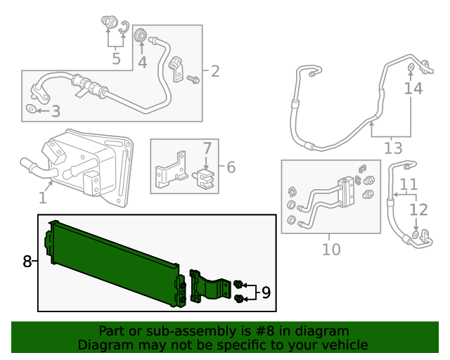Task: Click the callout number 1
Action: [42, 198]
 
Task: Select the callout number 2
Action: [214, 71]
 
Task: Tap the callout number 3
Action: [56, 110]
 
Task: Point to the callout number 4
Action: [142, 63]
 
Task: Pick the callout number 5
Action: [116, 58]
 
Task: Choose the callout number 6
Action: [230, 167]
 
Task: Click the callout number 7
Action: [207, 148]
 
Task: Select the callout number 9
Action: [266, 292]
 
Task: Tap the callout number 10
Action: [330, 249]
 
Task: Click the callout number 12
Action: [418, 210]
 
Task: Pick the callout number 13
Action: [393, 148]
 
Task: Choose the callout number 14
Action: [413, 89]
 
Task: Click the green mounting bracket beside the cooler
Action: [208, 288]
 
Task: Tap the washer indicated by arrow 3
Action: [32, 110]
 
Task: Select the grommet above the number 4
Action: [141, 34]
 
